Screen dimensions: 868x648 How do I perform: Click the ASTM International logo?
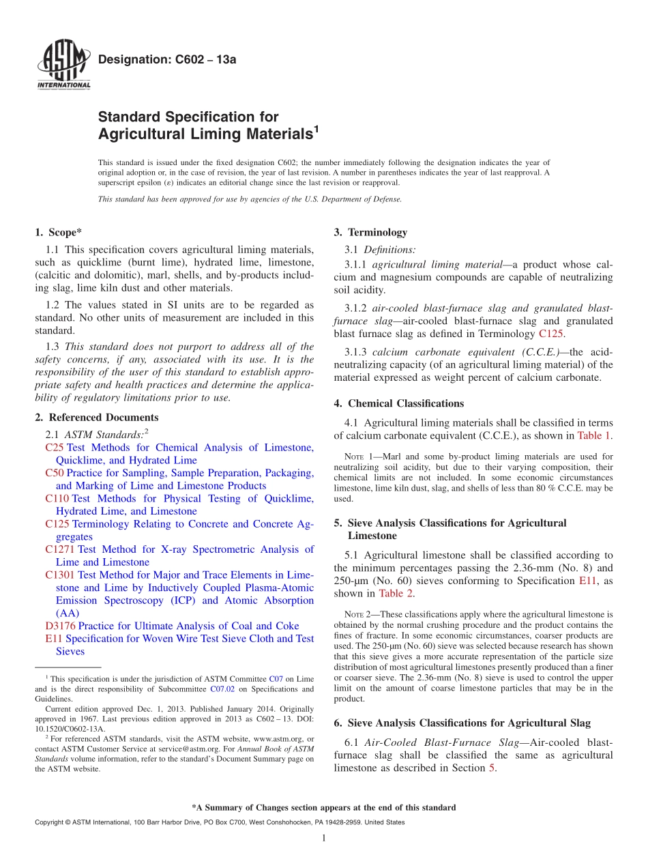click(63, 66)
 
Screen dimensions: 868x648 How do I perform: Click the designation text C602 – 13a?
click(167, 59)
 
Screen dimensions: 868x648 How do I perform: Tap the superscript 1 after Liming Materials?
click(316, 128)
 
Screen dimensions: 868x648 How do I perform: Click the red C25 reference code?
click(54, 448)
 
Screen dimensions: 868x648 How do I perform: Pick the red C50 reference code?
click(54, 473)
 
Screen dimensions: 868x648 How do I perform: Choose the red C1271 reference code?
click(59, 549)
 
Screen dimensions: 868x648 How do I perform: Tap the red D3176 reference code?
click(60, 626)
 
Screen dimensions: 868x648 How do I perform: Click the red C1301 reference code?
click(59, 575)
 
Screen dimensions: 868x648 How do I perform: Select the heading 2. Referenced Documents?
click(96, 418)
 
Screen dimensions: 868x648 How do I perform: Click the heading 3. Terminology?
click(370, 232)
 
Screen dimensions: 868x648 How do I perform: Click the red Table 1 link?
click(594, 435)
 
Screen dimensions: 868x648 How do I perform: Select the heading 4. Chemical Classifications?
click(399, 403)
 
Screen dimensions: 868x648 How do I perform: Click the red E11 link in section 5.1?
click(588, 581)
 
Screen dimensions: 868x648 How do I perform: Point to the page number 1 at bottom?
click(324, 838)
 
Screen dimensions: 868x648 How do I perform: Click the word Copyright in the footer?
click(50, 822)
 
